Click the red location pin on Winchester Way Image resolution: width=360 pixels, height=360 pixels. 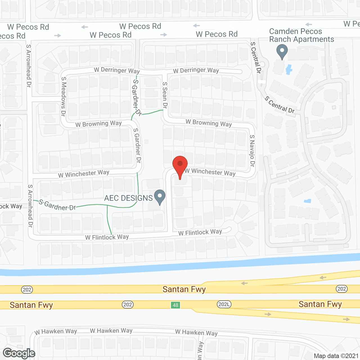pos(180,165)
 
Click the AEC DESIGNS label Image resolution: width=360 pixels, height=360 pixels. pos(128,198)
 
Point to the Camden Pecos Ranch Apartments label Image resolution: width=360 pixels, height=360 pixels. pos(301,35)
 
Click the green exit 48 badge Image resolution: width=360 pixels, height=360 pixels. pos(175,305)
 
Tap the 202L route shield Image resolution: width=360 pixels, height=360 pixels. pos(224,304)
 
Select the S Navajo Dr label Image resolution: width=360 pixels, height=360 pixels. pos(252,150)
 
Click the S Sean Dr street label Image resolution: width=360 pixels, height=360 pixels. pos(165,95)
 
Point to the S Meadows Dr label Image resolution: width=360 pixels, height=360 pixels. pos(64,96)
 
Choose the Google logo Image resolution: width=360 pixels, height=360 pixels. pos(19,353)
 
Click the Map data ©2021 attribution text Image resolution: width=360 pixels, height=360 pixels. pos(336,356)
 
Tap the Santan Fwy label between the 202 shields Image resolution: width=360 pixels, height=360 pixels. pos(184,289)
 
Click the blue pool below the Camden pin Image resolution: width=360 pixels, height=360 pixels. pos(289,69)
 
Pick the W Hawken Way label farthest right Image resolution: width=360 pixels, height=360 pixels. pos(196,333)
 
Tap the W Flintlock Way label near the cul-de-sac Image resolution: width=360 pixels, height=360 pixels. pos(200,232)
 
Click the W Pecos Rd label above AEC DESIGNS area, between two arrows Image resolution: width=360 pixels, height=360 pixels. pos(140,26)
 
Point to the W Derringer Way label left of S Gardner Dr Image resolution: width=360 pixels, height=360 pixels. pos(117,70)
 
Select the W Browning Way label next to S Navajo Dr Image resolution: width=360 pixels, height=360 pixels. pos(209,123)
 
